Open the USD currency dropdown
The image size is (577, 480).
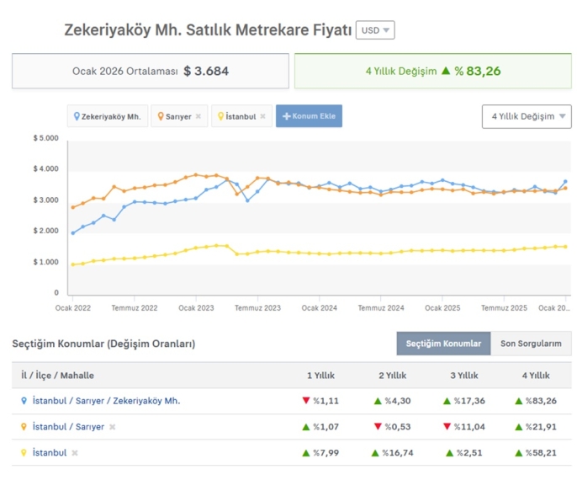point(375,30)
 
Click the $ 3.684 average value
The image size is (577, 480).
point(206,71)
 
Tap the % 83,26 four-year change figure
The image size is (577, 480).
point(477,71)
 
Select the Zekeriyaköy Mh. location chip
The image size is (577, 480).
point(108,116)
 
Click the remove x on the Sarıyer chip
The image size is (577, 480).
point(199,116)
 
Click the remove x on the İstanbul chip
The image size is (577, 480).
point(262,116)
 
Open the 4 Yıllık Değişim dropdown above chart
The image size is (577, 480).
point(527,116)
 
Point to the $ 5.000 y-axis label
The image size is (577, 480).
point(46,138)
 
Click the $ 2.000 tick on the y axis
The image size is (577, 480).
point(46,231)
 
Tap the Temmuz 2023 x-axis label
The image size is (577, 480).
point(257,308)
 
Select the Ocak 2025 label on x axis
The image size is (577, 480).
point(442,308)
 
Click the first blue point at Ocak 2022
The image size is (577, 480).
point(73,233)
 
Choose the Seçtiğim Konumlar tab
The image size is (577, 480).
point(443,344)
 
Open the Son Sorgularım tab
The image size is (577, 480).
point(531,344)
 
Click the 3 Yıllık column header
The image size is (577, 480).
point(464,376)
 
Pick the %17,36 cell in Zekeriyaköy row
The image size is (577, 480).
point(464,401)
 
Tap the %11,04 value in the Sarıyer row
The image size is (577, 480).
point(464,427)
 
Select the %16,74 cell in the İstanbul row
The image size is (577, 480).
point(392,453)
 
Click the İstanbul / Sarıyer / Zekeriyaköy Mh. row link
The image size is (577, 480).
point(106,401)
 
